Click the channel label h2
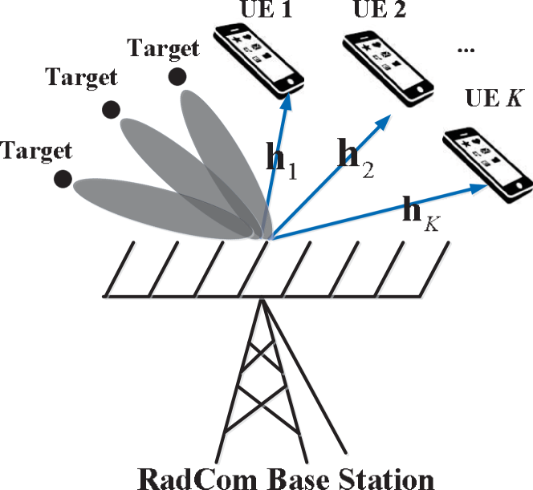tap(351, 156)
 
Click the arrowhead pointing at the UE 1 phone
tap(287, 104)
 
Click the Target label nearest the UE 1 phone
tap(164, 48)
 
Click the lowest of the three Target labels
tap(37, 150)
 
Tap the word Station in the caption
tap(386, 479)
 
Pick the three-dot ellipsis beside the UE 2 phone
tap(465, 50)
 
